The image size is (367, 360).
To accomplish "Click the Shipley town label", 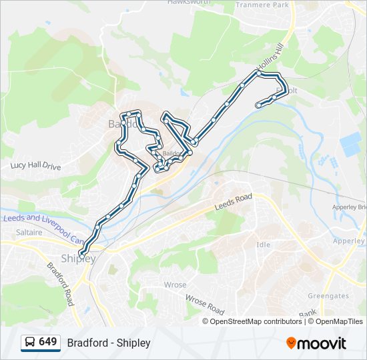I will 78,259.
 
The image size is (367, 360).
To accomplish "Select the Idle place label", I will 264,245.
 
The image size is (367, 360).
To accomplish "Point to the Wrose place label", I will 175,285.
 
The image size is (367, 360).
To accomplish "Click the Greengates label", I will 328,296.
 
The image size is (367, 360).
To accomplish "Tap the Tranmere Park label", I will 262,5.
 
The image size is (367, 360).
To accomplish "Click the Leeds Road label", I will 233,203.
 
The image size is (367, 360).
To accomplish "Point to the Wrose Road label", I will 204,305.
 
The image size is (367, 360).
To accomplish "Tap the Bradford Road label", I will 60,283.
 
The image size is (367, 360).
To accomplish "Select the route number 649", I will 48,342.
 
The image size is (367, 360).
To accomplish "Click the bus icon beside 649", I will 30,343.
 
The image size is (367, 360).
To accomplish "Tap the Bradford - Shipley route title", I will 109,343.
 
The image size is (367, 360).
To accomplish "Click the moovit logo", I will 316,343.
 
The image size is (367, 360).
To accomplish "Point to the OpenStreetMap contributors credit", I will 256,321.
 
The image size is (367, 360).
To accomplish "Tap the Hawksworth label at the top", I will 189,2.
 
